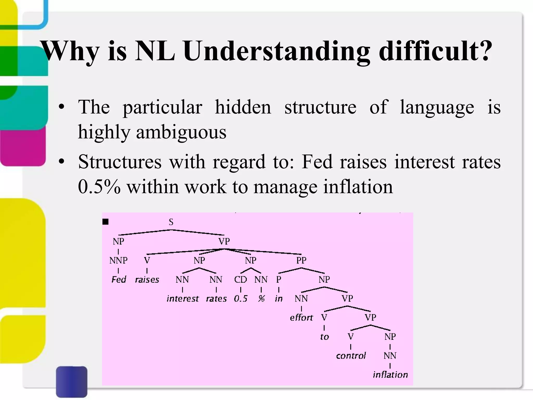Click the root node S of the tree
pos(171,222)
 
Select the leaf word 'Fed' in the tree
pos(119,279)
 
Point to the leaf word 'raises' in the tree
pos(147,279)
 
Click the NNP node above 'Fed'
pos(118,260)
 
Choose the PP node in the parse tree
pos(301,260)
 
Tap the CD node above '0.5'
pos(240,279)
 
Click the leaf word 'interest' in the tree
pos(182,298)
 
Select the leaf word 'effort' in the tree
pos(301,317)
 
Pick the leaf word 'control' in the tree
pos(351,355)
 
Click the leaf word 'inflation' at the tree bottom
pos(390,375)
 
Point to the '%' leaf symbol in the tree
pos(261,298)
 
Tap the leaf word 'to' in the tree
pos(324,337)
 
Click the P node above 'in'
pos(279,279)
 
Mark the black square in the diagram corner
pos(105,222)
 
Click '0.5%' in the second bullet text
pos(99,187)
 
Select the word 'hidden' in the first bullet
pos(243,107)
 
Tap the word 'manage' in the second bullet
pos(285,187)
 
